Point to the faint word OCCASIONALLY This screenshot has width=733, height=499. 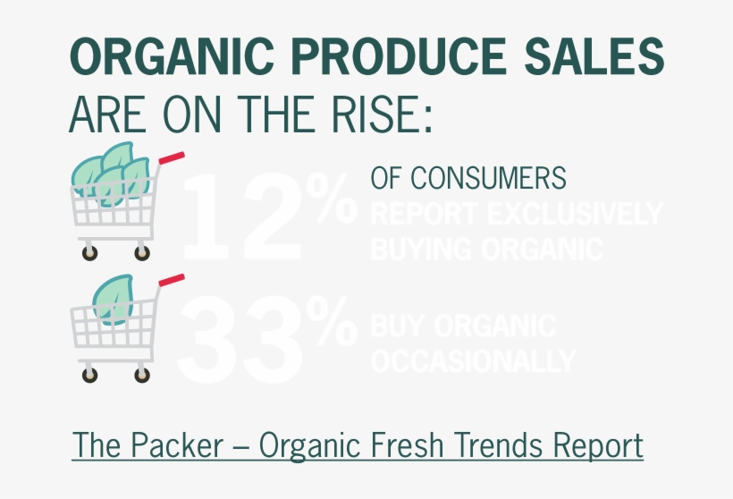tap(473, 360)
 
